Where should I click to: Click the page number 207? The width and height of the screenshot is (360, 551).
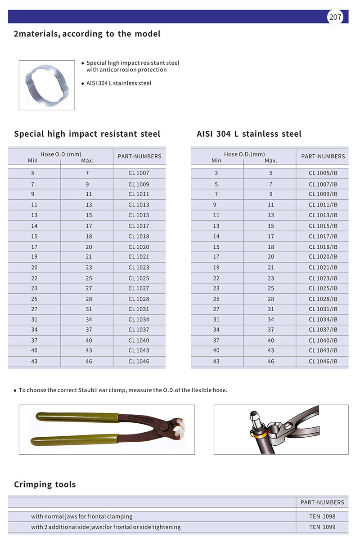(335, 18)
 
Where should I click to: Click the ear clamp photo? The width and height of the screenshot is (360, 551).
(47, 85)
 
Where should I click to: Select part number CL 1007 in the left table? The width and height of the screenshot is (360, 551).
(139, 173)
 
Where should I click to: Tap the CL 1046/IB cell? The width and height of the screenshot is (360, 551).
(323, 362)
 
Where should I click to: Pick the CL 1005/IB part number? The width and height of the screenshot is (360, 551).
(323, 173)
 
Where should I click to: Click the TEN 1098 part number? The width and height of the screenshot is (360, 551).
(322, 516)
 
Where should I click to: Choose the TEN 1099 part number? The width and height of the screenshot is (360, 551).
(322, 527)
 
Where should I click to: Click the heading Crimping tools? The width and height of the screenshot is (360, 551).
(45, 484)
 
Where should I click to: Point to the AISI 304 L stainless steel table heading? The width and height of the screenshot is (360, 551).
(249, 134)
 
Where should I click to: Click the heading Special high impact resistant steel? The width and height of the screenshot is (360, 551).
(87, 134)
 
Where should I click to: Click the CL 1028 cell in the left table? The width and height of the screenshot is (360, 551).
(139, 299)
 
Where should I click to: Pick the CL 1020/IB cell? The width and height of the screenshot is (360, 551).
(323, 257)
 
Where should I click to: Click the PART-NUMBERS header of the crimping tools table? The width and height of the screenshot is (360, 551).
(322, 502)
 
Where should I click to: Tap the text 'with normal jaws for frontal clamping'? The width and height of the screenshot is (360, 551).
(82, 516)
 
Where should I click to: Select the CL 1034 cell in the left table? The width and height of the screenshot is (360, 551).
(139, 320)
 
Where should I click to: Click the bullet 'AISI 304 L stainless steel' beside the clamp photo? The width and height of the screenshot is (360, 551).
(119, 83)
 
